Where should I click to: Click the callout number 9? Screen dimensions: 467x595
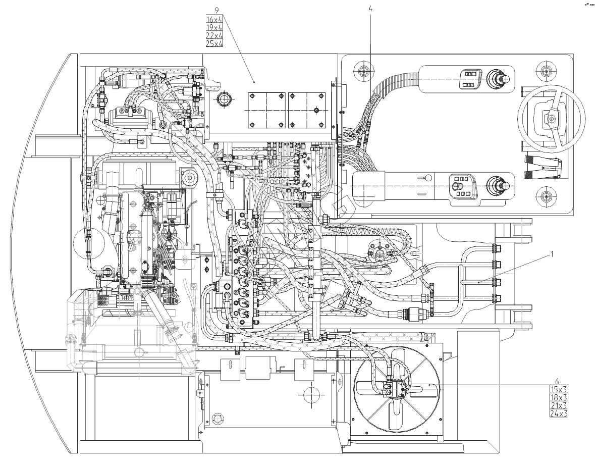pyautogui.click(x=216, y=10)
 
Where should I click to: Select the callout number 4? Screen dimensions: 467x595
pyautogui.click(x=370, y=9)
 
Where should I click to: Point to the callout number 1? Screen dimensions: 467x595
pyautogui.click(x=552, y=254)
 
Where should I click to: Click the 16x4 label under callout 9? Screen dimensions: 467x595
pyautogui.click(x=214, y=19)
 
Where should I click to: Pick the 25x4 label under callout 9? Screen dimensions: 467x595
pyautogui.click(x=214, y=43)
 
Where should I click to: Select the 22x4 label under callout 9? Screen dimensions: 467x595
pyautogui.click(x=214, y=35)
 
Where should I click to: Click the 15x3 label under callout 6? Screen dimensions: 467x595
pyautogui.click(x=558, y=389)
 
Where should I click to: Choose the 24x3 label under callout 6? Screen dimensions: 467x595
pyautogui.click(x=558, y=413)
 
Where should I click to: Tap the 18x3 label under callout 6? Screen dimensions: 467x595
pyautogui.click(x=558, y=397)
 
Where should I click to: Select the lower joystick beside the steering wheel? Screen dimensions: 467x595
pyautogui.click(x=496, y=186)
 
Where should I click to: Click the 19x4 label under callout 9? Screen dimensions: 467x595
pyautogui.click(x=214, y=27)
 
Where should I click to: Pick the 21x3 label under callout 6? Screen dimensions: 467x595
pyautogui.click(x=558, y=405)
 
